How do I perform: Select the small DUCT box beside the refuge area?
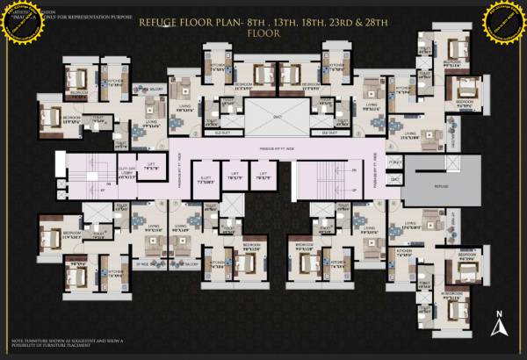pos(394,178)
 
